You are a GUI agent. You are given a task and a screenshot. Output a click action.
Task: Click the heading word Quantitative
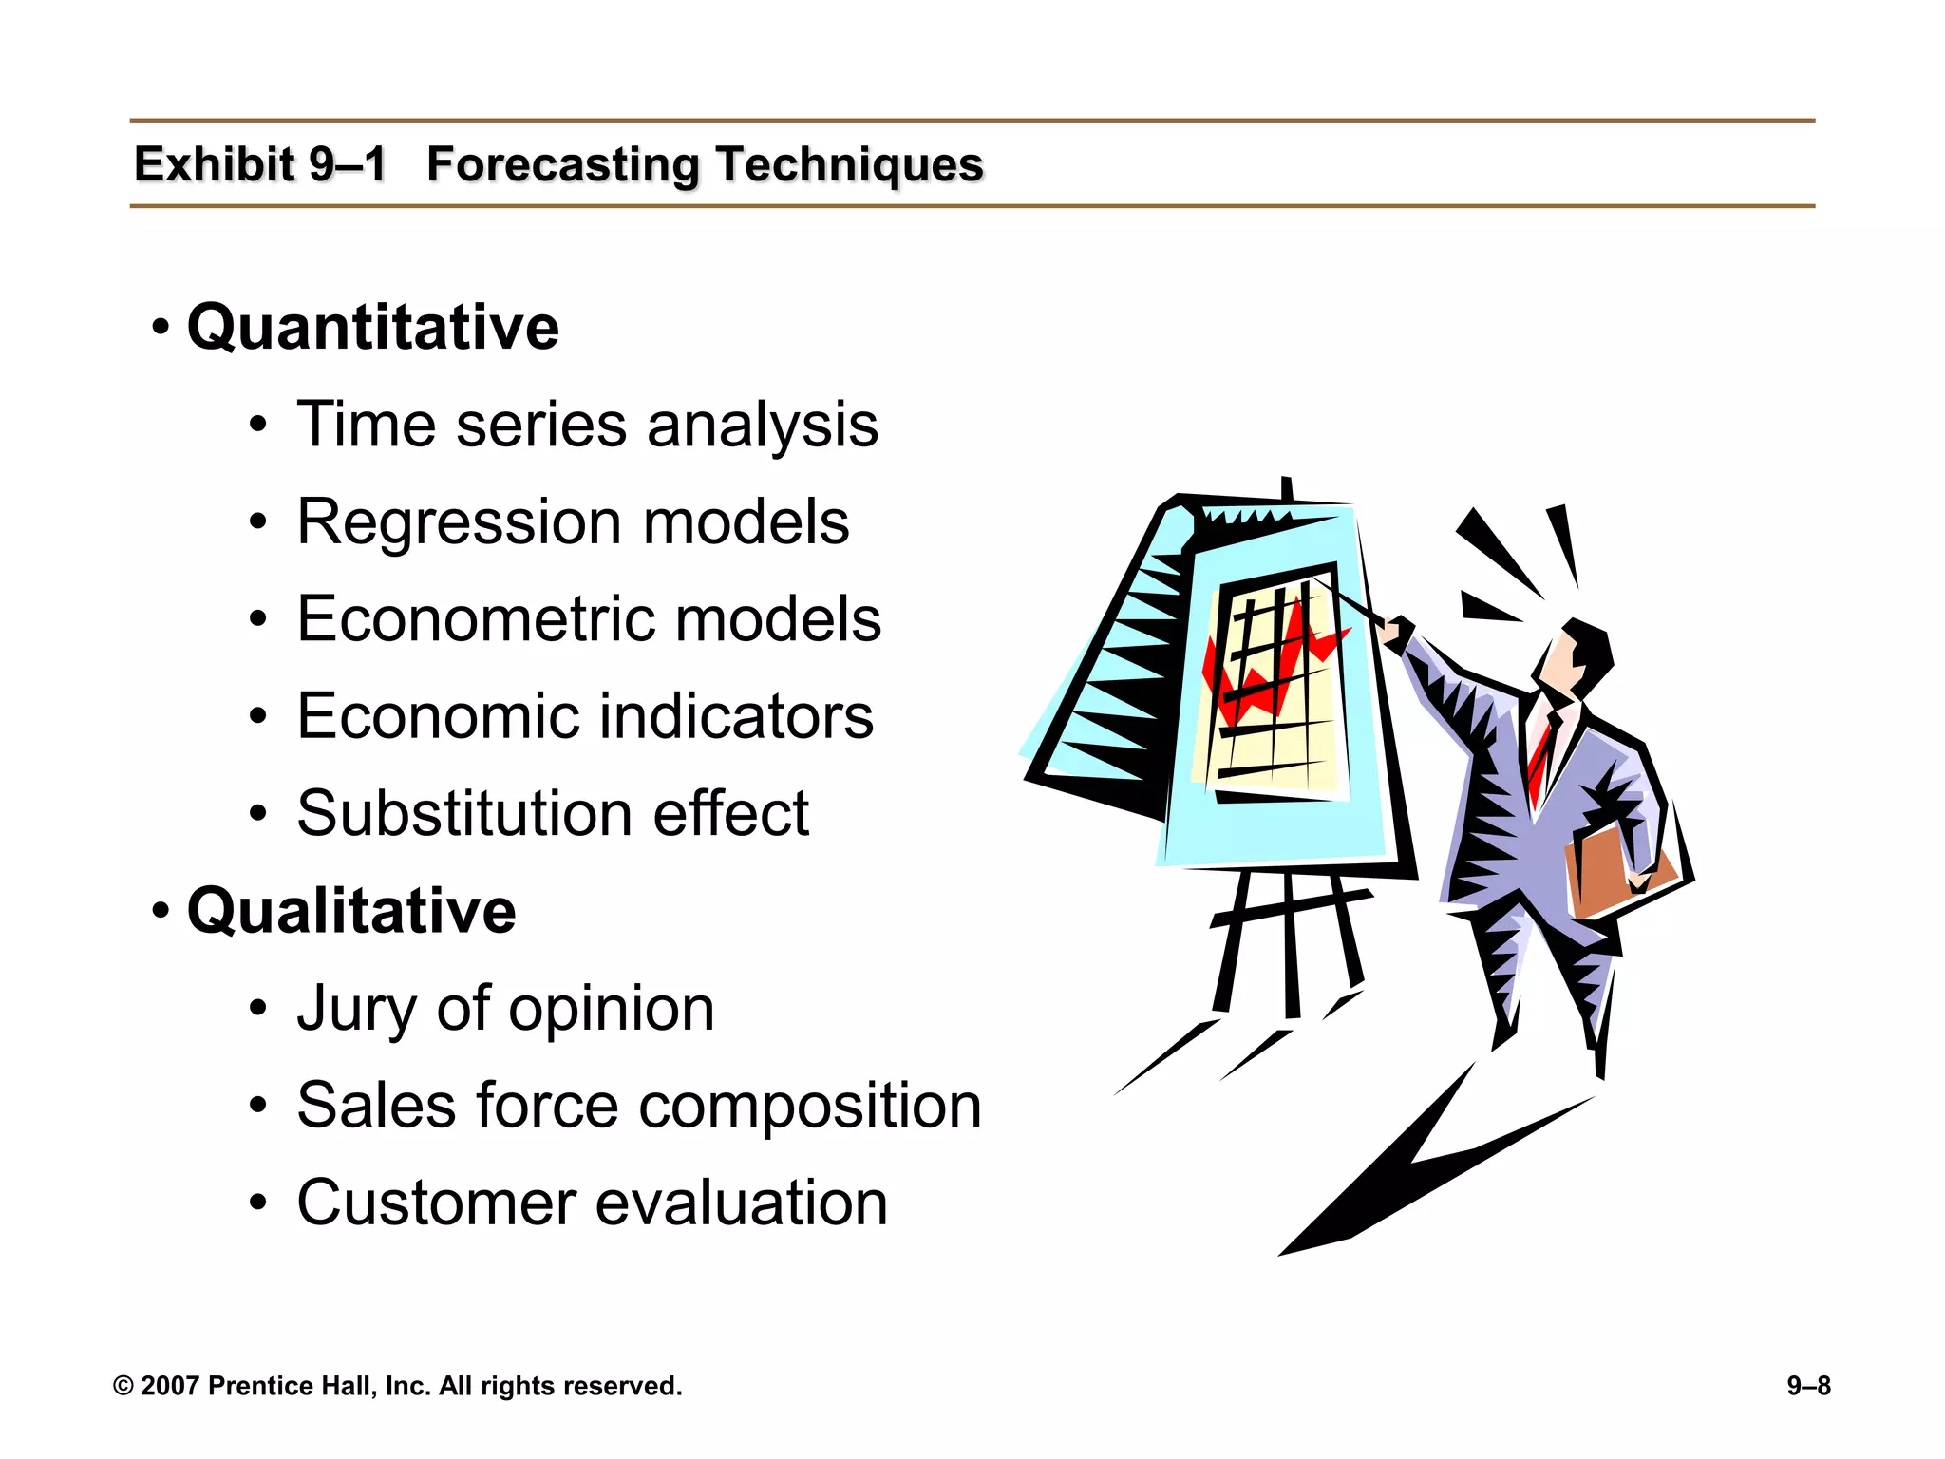pyautogui.click(x=372, y=327)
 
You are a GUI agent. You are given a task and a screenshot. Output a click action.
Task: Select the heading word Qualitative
pyautogui.click(x=351, y=910)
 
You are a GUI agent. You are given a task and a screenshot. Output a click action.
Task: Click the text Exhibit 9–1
pyautogui.click(x=260, y=164)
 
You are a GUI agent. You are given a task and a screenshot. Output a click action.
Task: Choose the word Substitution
pyautogui.click(x=463, y=813)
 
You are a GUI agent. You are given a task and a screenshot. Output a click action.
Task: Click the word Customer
pyautogui.click(x=436, y=1203)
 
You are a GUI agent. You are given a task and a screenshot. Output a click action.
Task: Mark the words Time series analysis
pyautogui.click(x=587, y=425)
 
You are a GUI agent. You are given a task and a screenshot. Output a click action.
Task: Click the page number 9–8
pyautogui.click(x=1808, y=1386)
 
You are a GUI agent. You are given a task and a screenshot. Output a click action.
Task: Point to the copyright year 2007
pyautogui.click(x=169, y=1386)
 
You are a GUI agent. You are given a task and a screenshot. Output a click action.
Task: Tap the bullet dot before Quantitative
pyautogui.click(x=161, y=329)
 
